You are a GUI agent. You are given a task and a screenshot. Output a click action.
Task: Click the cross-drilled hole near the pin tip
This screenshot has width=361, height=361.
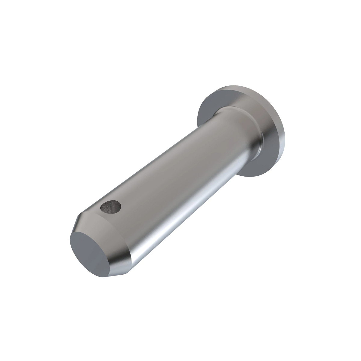point(111,208)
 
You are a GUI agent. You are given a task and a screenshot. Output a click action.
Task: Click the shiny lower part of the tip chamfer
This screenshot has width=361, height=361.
point(123,265)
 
